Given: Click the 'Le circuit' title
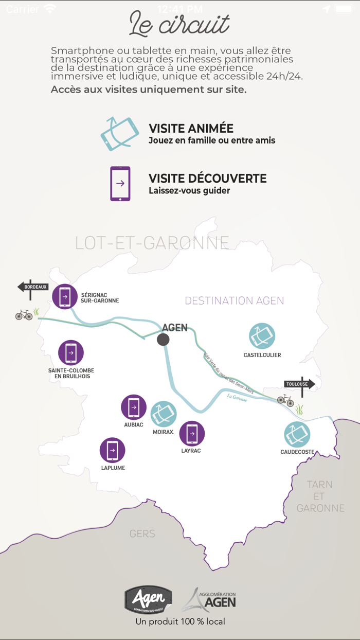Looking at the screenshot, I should coord(179,24).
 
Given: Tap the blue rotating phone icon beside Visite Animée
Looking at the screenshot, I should coord(120,134).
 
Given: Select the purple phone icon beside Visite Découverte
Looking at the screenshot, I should coord(120,184).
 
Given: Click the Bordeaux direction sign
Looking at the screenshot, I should coord(33,287).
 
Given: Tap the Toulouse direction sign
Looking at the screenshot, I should coord(299,384).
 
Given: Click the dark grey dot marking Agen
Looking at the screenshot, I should coord(163,339).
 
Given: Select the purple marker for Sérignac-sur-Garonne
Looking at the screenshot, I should coord(65,296).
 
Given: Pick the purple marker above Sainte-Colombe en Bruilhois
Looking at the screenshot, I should coord(71,352).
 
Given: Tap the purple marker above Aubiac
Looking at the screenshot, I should coord(134,407).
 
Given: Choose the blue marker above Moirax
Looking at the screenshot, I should coord(164,414).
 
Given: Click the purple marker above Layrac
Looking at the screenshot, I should coord(192,433).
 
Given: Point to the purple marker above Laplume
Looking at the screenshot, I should coord(113,450).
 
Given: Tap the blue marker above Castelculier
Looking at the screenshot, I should coord(262,336).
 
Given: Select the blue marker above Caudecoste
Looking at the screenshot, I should coord(297,434).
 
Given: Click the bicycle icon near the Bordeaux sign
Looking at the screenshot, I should coord(24,314).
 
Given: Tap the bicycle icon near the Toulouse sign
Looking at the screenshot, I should coord(285,400).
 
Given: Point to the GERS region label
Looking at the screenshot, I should coord(142,534).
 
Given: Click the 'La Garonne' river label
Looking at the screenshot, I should coord(237,397).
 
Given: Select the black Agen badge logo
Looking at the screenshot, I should coord(148,599).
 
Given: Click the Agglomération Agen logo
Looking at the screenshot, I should coord(209,600).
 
